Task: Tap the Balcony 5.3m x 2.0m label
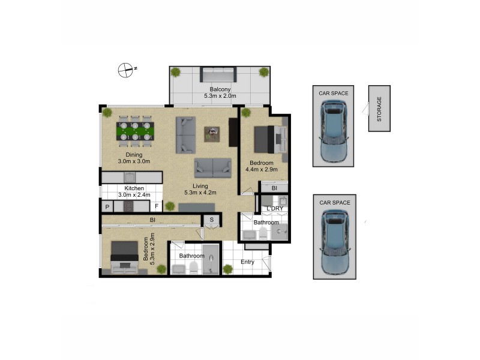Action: point(220,92)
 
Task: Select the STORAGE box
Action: point(379,109)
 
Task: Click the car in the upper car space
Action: point(334,131)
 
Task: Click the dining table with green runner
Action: point(134,131)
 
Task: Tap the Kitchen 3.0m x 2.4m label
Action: point(134,191)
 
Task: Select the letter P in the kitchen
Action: point(107,207)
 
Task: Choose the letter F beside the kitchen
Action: point(156,207)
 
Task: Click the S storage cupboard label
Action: point(212,220)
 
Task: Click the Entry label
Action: point(248,262)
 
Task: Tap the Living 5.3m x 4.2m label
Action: point(200,189)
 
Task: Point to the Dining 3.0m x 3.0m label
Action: point(133,158)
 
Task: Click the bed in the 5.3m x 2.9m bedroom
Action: point(125,256)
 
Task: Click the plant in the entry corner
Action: point(228,269)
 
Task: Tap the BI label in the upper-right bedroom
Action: point(274,188)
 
